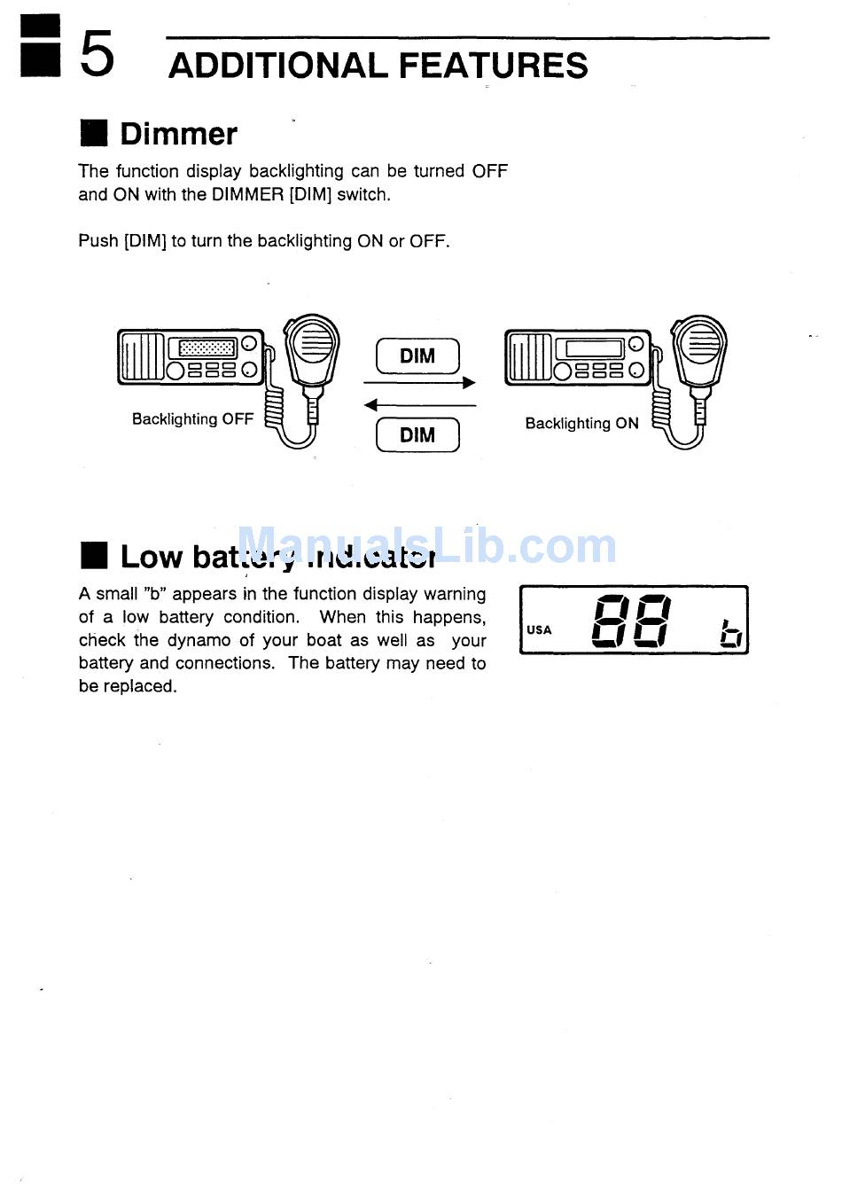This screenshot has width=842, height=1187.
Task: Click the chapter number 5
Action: pos(97,54)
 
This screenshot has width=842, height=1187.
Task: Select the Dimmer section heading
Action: pos(178,134)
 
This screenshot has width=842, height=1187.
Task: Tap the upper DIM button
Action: pos(417,356)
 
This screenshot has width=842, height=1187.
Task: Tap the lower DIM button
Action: pos(417,434)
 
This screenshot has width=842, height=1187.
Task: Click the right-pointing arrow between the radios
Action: pos(419,383)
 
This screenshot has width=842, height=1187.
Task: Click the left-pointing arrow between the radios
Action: pos(419,405)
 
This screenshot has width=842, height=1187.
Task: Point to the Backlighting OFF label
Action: pos(192,419)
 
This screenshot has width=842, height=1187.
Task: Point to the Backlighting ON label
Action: pos(581,424)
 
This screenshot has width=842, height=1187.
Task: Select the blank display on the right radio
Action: pos(594,348)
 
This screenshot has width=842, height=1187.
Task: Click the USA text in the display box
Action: pos(539,630)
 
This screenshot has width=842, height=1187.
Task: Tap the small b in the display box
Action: pos(730,633)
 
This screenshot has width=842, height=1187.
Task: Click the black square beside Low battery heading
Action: pos(93,556)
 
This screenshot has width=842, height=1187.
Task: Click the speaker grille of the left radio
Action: pos(141,357)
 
